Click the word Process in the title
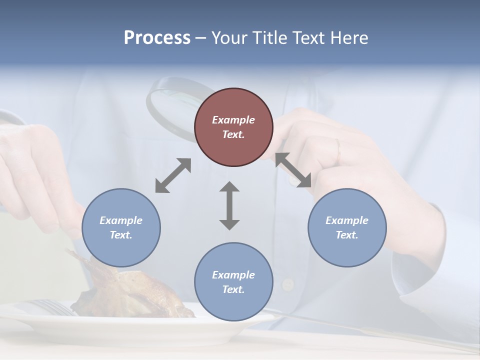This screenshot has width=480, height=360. pyautogui.click(x=157, y=38)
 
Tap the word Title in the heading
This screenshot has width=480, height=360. pyautogui.click(x=269, y=38)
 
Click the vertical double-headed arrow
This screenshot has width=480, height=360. pyautogui.click(x=229, y=205)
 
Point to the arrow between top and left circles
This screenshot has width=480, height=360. pyautogui.click(x=173, y=175)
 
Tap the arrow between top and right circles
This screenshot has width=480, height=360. pyautogui.click(x=293, y=170)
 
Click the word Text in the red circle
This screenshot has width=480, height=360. pyautogui.click(x=233, y=134)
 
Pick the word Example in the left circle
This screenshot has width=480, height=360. pyautogui.click(x=121, y=220)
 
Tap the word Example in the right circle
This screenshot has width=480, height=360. pyautogui.click(x=347, y=220)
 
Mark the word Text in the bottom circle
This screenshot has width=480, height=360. pyautogui.click(x=233, y=289)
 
